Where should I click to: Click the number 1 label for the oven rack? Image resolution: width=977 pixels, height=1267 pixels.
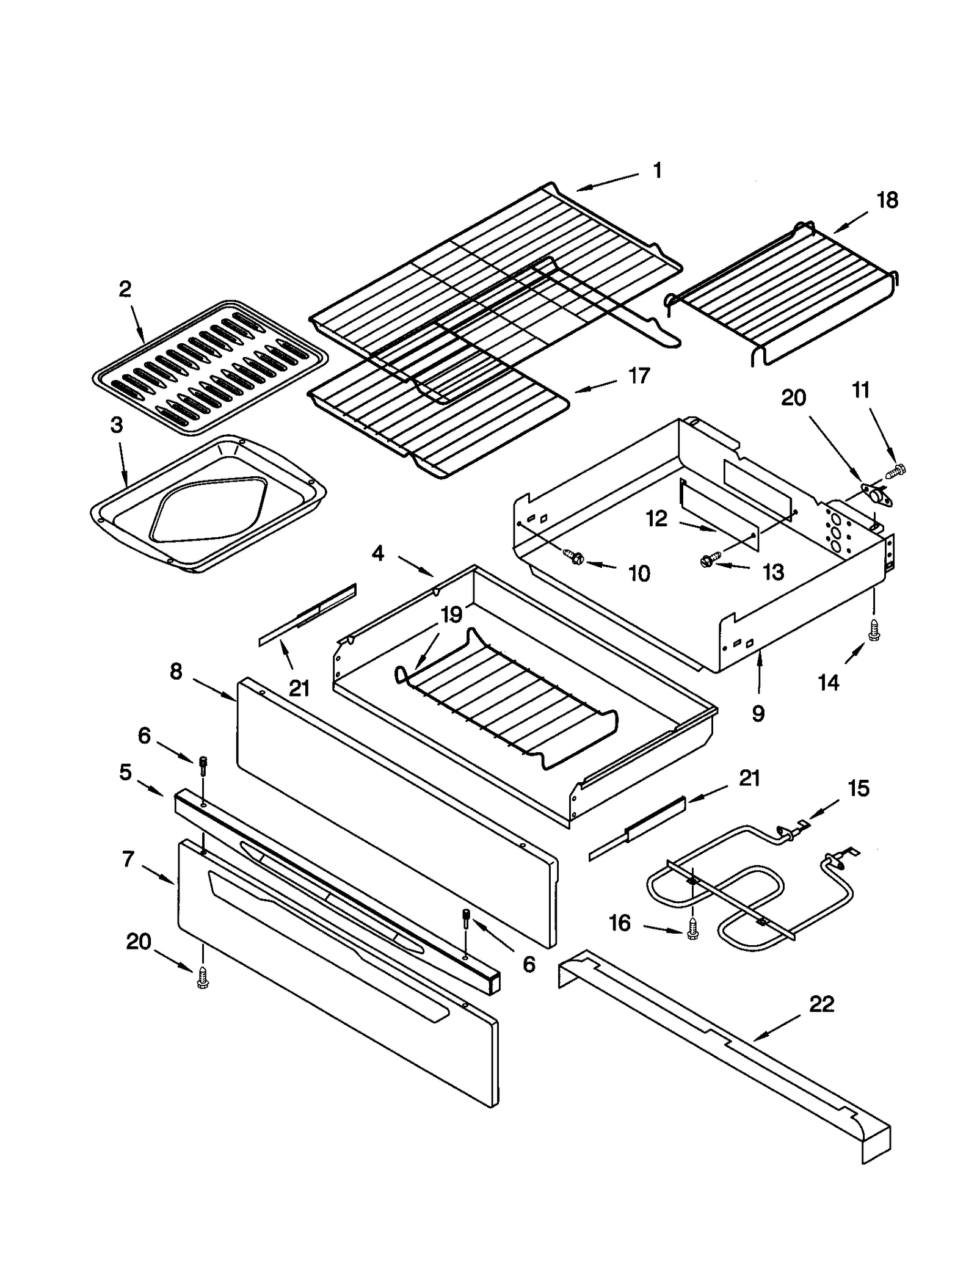tap(657, 170)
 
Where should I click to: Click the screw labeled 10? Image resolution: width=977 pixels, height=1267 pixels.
tap(575, 557)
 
